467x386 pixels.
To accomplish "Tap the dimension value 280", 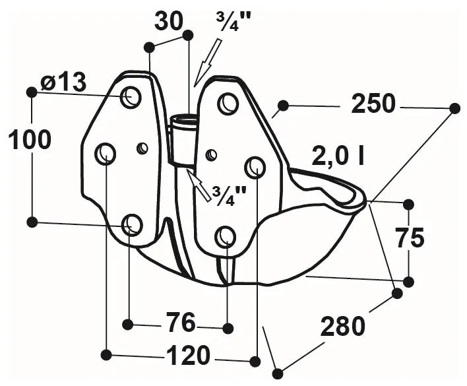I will (342, 325).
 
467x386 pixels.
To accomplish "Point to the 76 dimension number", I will (179, 324).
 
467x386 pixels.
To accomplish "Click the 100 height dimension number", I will (29, 140).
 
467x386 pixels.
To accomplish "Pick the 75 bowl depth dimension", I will (410, 238).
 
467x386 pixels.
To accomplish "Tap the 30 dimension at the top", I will (169, 21).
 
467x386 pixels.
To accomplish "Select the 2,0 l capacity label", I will (338, 156).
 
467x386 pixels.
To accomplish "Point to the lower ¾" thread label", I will (228, 193).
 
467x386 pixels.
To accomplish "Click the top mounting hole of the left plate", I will (131, 97).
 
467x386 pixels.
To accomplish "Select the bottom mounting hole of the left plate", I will (132, 225).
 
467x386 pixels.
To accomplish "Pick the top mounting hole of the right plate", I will (228, 103).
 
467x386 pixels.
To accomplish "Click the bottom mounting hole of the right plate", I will (226, 236).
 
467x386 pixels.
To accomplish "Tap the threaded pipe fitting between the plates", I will (183, 139).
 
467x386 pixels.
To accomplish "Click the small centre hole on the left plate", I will (142, 148).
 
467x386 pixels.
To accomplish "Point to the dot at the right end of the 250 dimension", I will (454, 108).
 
